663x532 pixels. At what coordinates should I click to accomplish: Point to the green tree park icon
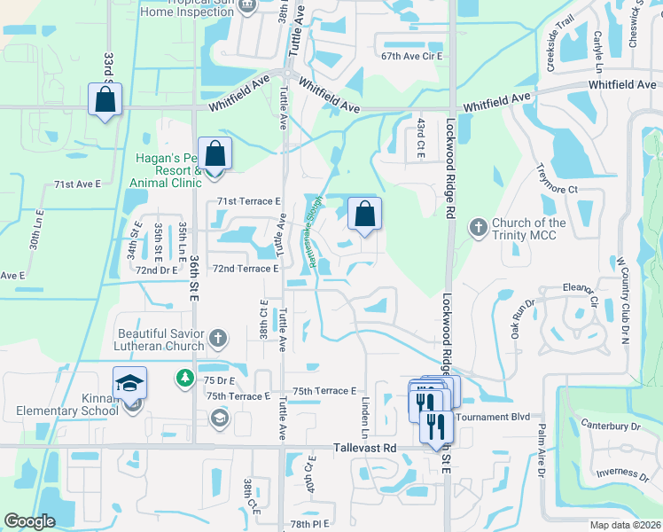(x=184, y=379)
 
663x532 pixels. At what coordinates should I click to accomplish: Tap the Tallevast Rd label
(x=364, y=449)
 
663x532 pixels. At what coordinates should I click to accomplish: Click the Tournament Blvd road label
(x=491, y=417)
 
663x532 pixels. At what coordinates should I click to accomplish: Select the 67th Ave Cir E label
(x=411, y=56)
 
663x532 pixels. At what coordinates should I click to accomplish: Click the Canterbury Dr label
(x=612, y=426)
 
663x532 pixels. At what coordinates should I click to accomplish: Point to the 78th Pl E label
(x=309, y=524)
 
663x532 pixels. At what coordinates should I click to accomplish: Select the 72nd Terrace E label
(x=246, y=268)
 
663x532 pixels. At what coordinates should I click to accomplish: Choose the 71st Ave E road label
(x=78, y=184)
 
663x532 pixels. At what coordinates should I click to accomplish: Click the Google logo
(x=29, y=521)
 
